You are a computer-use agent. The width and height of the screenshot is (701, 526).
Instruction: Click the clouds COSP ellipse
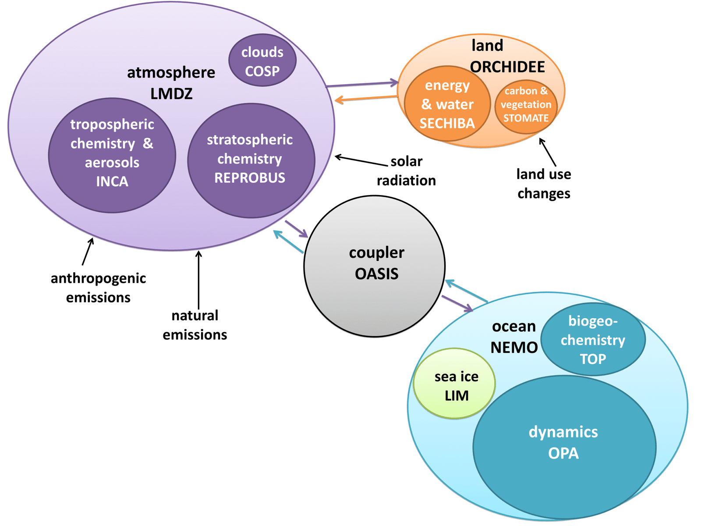pyautogui.click(x=262, y=60)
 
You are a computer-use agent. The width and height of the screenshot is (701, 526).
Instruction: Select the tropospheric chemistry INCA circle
pyautogui.click(x=112, y=156)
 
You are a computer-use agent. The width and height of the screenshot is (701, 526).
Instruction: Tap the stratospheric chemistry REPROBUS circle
pyautogui.click(x=251, y=160)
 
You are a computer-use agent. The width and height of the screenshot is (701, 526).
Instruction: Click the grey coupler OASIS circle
pyautogui.click(x=375, y=266)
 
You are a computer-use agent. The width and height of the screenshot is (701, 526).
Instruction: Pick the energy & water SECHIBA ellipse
pyautogui.click(x=447, y=104)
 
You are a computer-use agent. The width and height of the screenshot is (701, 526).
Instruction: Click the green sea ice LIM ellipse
pyautogui.click(x=454, y=384)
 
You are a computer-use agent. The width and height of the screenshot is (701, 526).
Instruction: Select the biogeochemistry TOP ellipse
pyautogui.click(x=593, y=340)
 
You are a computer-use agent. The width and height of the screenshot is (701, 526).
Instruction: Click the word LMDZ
pyautogui.click(x=171, y=94)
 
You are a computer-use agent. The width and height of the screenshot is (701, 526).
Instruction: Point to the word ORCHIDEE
pyautogui.click(x=507, y=67)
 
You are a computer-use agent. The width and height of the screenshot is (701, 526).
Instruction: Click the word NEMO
pyautogui.click(x=514, y=348)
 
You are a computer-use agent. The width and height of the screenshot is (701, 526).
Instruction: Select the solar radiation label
pyautogui.click(x=406, y=171)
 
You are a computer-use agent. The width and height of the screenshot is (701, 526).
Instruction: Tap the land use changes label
pyautogui.click(x=544, y=184)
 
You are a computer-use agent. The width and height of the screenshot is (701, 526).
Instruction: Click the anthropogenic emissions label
pyautogui.click(x=98, y=288)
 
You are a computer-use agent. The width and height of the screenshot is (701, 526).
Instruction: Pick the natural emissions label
pyautogui.click(x=195, y=325)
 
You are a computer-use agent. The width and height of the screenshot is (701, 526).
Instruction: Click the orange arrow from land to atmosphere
pyautogui.click(x=366, y=99)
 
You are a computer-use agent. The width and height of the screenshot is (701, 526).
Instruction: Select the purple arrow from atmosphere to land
pyautogui.click(x=362, y=84)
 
